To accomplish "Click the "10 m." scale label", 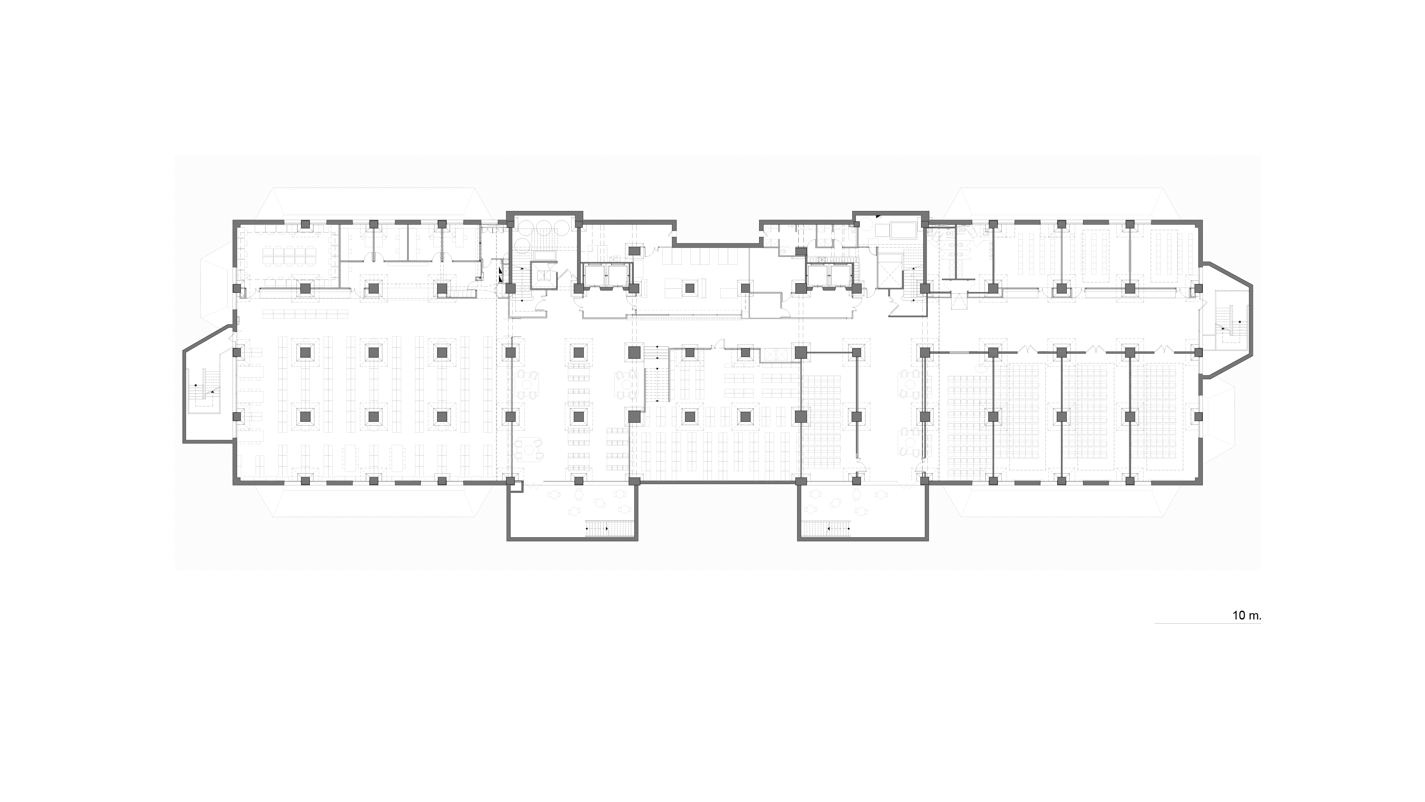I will [x=1246, y=615].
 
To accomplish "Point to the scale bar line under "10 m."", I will [x=1207, y=624].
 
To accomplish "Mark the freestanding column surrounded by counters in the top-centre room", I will [x=689, y=288].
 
